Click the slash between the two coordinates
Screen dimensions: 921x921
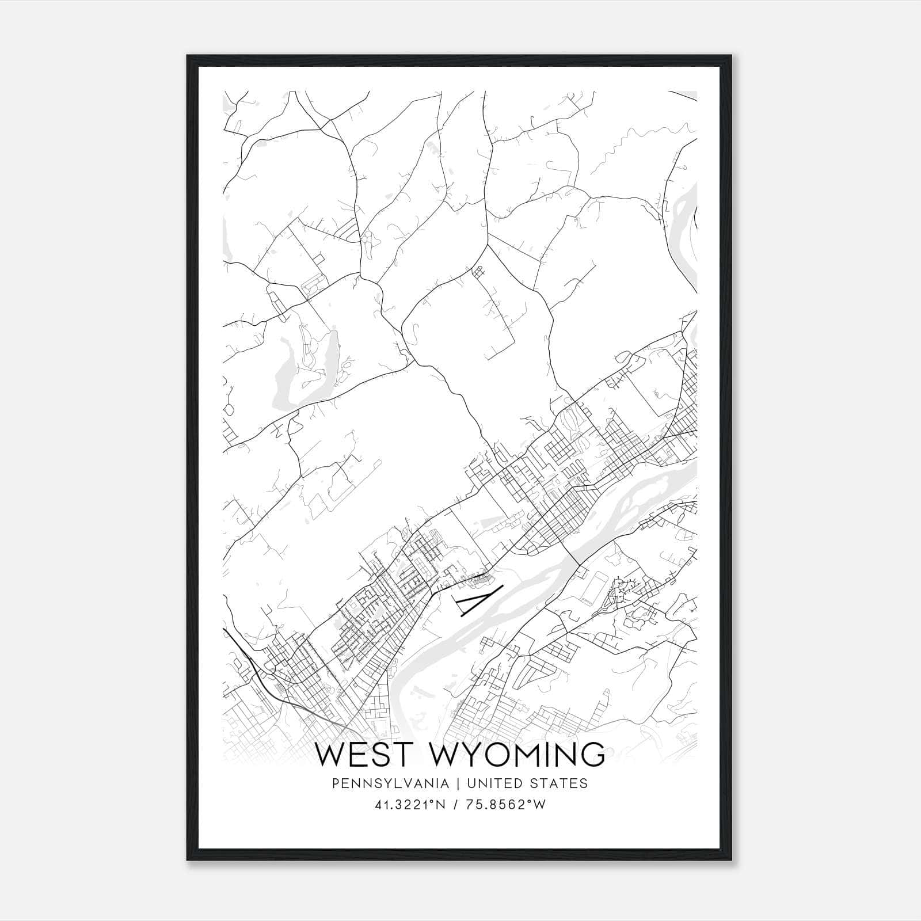[x=456, y=805]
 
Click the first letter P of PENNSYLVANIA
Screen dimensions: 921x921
[x=336, y=783]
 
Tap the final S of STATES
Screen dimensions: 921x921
[x=584, y=783]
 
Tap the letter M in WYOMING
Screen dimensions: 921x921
[x=523, y=755]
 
